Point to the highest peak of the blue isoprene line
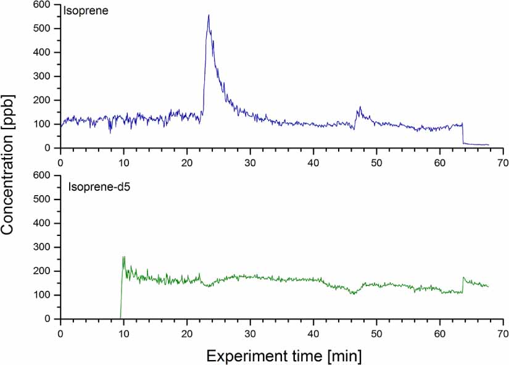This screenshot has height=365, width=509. (209, 15)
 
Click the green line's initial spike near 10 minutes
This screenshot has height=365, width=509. (123, 258)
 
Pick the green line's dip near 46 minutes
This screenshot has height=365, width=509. (353, 293)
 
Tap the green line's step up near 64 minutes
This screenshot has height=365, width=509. (463, 279)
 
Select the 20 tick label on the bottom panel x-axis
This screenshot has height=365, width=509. (186, 331)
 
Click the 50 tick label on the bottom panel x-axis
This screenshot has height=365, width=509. (376, 331)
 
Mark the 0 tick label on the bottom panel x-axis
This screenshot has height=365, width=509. (60, 331)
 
